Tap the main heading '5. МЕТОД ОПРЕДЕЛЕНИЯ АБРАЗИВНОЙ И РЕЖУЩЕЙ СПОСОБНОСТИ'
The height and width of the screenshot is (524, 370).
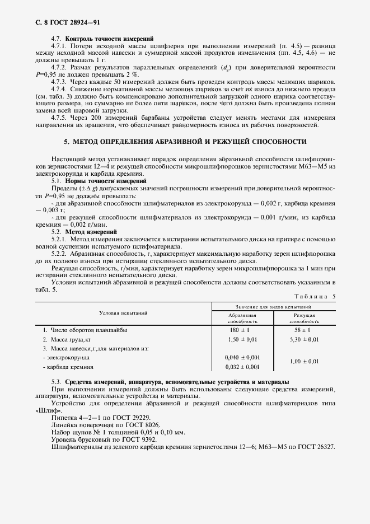[185, 142]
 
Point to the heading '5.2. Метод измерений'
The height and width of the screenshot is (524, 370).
[84, 231]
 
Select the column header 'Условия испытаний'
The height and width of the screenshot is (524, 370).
[124, 313]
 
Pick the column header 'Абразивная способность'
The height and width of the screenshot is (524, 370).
[242, 319]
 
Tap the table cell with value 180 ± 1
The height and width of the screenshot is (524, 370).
[242, 330]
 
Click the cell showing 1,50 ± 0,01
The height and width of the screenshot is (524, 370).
[242, 339]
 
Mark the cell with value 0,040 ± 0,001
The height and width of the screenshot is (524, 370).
[242, 357]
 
